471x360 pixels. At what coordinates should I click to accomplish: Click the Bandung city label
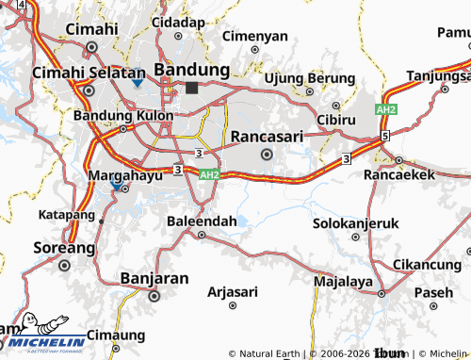click(191, 70)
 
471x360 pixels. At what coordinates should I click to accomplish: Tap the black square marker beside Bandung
click(192, 88)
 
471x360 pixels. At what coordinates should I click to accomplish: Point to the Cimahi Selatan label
click(87, 72)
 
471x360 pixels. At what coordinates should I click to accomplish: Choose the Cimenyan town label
click(255, 36)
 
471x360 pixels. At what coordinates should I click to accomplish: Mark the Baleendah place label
click(202, 220)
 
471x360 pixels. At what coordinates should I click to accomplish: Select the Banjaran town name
click(155, 278)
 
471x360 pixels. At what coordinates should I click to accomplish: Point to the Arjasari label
click(232, 291)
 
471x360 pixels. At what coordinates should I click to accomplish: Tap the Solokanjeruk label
click(349, 224)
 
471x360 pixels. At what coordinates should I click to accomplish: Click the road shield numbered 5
click(385, 137)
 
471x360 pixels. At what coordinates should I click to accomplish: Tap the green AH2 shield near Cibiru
click(385, 110)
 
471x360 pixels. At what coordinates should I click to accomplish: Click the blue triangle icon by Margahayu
click(117, 187)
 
